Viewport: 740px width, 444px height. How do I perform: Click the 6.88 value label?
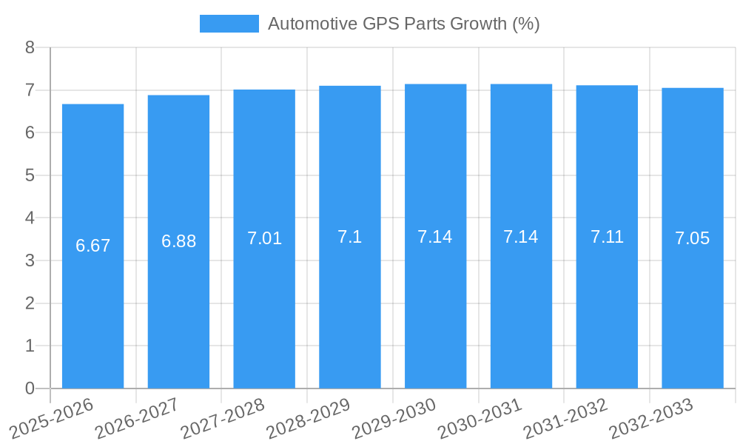click(x=178, y=241)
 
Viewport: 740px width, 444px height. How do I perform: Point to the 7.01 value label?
click(x=264, y=238)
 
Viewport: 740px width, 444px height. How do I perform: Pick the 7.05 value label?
click(x=692, y=238)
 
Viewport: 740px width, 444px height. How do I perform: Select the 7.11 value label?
click(x=607, y=237)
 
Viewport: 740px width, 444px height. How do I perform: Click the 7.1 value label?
click(x=350, y=237)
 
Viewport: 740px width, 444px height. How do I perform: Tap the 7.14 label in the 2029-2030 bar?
click(x=435, y=237)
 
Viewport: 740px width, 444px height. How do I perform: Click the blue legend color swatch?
click(x=229, y=24)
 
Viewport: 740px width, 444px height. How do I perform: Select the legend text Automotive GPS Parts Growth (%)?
click(x=403, y=24)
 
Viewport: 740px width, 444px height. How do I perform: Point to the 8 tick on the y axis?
click(x=30, y=47)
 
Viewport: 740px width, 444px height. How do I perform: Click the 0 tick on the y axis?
click(x=30, y=388)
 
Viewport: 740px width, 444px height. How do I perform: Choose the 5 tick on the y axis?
click(x=30, y=175)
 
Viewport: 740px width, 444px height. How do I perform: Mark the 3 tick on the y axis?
click(x=30, y=260)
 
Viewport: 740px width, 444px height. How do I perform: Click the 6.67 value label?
click(x=92, y=246)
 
